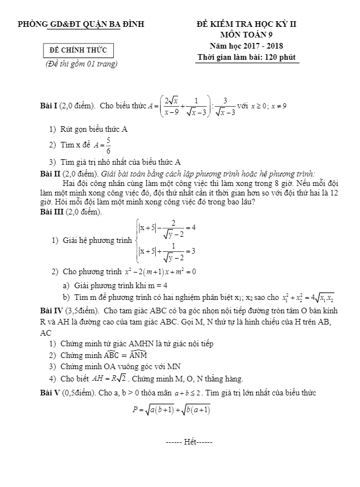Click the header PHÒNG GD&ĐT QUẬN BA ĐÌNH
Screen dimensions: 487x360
(81, 24)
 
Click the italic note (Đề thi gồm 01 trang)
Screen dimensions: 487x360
(81, 64)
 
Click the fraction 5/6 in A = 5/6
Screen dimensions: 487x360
(108, 145)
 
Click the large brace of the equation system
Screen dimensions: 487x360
(138, 241)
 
